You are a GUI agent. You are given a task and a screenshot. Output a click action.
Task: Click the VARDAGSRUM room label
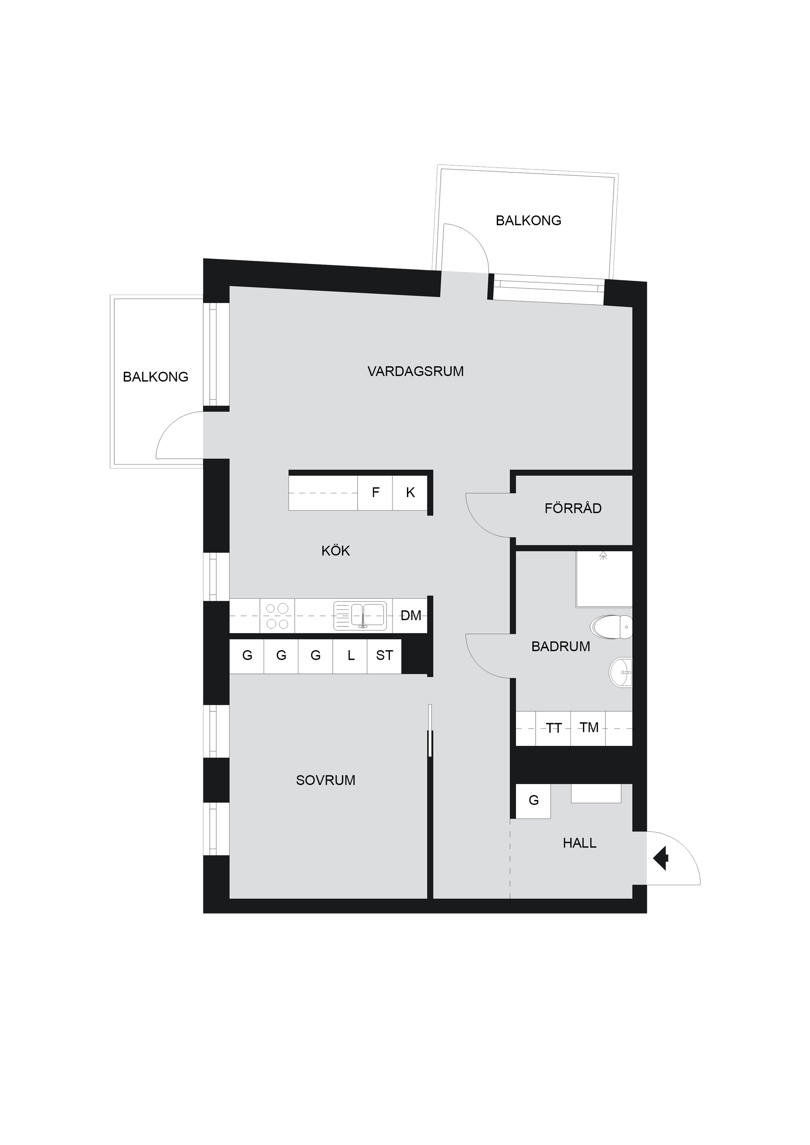[415, 372]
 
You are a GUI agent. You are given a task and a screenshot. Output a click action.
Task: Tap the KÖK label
[335, 551]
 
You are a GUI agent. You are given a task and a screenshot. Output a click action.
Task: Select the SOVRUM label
[326, 781]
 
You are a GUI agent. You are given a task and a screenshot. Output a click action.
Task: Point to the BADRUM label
[560, 647]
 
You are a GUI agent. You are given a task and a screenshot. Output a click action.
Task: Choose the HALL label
[579, 843]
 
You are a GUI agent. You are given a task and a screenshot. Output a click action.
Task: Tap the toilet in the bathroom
[611, 627]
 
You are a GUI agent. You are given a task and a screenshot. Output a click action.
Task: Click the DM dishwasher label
[411, 616]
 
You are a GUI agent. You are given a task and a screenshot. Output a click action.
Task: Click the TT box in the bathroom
[553, 728]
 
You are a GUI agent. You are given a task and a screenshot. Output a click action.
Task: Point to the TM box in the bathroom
[589, 728]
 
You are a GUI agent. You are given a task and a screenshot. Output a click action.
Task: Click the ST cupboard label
[384, 656]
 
